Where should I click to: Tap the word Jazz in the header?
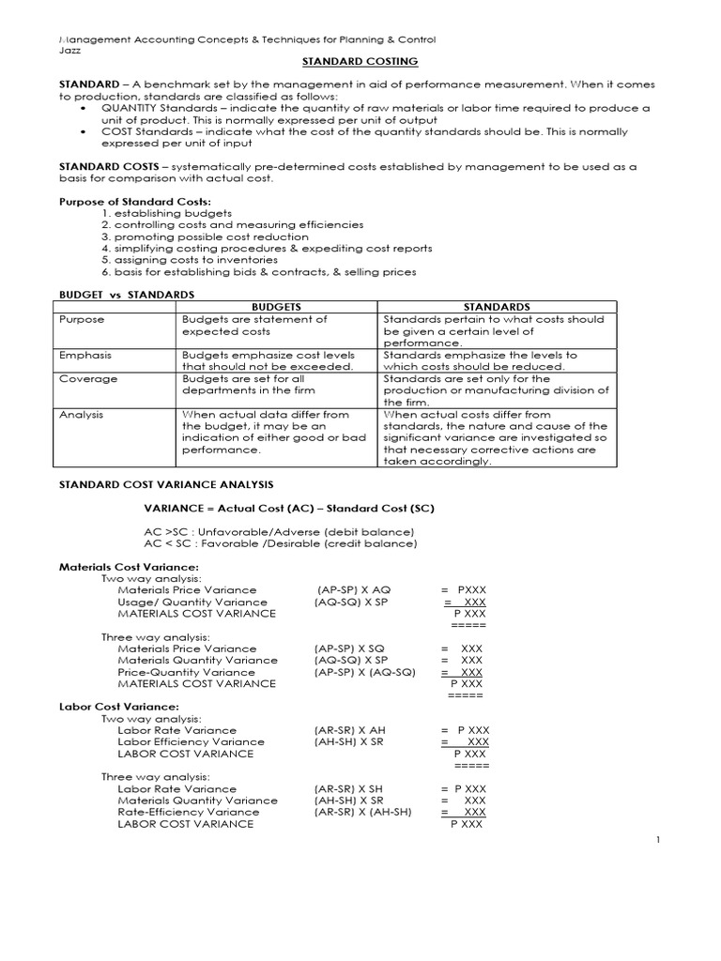tap(69, 50)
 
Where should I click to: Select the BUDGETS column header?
tap(277, 307)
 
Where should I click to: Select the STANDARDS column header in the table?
tap(497, 307)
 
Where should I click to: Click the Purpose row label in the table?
tap(82, 319)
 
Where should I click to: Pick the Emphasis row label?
tap(84, 355)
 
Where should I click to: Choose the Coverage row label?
tap(87, 379)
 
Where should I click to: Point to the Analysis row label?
tap(83, 414)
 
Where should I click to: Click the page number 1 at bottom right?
tap(659, 841)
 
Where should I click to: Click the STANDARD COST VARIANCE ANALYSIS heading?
tap(165, 484)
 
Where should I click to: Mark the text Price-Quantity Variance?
tap(173, 672)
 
